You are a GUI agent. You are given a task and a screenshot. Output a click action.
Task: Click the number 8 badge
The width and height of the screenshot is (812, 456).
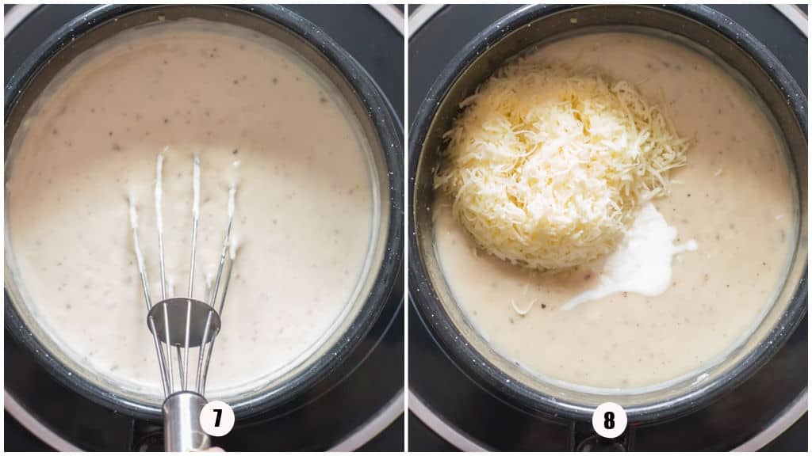pyautogui.click(x=609, y=420)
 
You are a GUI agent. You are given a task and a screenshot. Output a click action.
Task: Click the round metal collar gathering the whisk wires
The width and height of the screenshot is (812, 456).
pyautogui.click(x=183, y=321)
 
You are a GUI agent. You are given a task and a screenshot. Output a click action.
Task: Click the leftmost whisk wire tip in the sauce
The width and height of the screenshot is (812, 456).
pyautogui.click(x=132, y=203)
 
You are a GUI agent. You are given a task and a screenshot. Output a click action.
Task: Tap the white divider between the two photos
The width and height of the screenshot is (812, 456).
pyautogui.click(x=406, y=228)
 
